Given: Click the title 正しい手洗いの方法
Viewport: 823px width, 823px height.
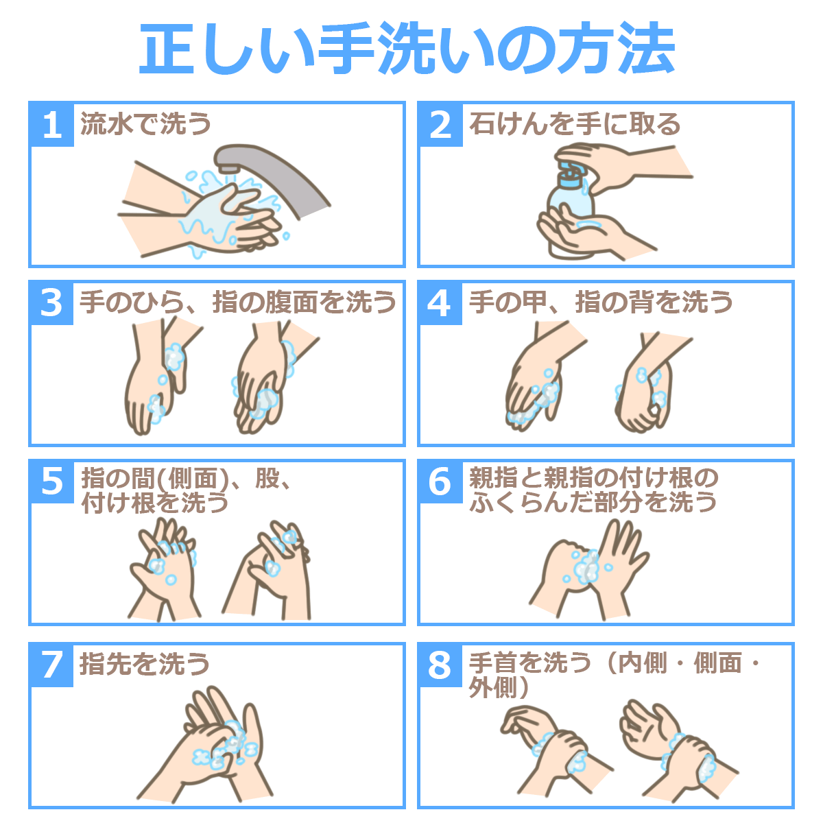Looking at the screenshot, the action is (x=407, y=48).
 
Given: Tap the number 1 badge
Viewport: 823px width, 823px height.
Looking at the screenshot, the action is (x=51, y=125).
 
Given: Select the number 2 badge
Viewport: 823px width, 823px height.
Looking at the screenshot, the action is (x=440, y=125).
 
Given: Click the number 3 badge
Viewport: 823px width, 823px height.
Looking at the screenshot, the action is (x=51, y=303).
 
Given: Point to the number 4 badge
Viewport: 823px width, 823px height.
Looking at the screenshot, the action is (x=440, y=303).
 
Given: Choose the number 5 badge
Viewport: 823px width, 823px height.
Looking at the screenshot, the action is (x=51, y=482).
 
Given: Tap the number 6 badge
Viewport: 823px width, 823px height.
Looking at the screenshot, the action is (x=440, y=482).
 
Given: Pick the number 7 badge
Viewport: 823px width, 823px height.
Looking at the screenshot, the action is (x=51, y=665).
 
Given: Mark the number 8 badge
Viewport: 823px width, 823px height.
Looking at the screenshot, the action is (x=440, y=665).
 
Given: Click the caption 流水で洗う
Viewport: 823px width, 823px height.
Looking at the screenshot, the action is (x=145, y=124).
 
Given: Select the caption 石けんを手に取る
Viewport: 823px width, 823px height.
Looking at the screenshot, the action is (x=575, y=124).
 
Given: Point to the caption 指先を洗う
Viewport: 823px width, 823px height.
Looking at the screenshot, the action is (x=145, y=665).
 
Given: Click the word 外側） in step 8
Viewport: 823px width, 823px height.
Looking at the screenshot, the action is (x=499, y=688).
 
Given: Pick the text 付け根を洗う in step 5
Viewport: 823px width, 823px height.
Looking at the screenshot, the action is (x=155, y=503).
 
